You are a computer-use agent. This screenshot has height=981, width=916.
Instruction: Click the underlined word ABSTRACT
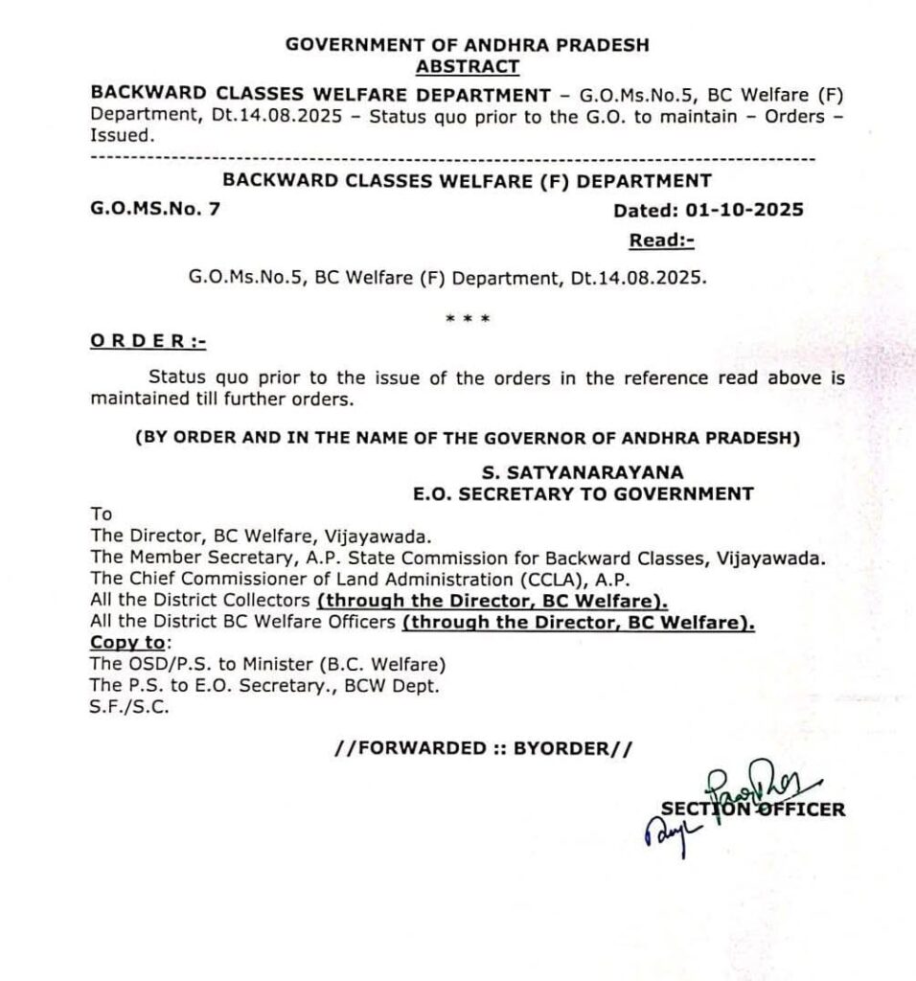pos(468,66)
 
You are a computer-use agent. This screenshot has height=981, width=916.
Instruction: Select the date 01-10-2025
pos(750,211)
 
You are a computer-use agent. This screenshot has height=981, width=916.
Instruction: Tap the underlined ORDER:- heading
pos(148,342)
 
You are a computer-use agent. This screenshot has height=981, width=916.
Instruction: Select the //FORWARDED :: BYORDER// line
pos(484,748)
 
